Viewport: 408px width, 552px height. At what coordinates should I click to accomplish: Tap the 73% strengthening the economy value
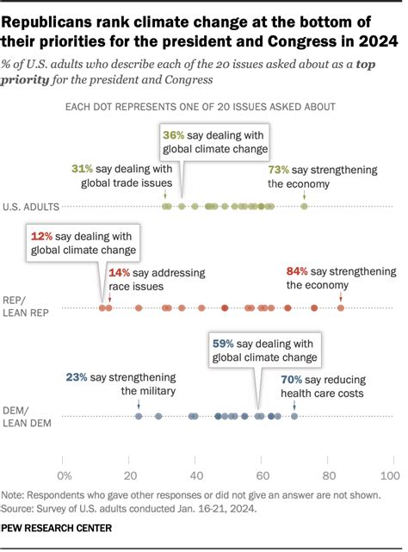(x=279, y=170)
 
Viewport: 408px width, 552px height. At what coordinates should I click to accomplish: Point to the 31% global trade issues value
(x=83, y=170)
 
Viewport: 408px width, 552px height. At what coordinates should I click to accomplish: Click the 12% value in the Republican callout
(x=42, y=236)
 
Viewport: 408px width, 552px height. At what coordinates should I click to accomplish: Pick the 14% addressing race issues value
(x=120, y=272)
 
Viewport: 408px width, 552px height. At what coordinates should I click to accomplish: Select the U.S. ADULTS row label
(x=31, y=207)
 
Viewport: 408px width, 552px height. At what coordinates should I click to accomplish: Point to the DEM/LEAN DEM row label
(x=30, y=416)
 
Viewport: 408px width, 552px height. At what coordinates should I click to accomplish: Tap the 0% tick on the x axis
(x=64, y=475)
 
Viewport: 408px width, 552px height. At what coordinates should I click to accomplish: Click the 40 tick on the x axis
(x=196, y=475)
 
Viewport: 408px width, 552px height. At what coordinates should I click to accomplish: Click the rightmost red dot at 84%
(x=341, y=307)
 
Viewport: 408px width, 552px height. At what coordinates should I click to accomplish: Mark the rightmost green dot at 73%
(x=304, y=207)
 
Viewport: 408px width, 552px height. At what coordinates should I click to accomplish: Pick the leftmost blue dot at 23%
(x=139, y=417)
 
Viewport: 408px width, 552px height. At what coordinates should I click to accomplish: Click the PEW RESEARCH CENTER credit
(x=57, y=528)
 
